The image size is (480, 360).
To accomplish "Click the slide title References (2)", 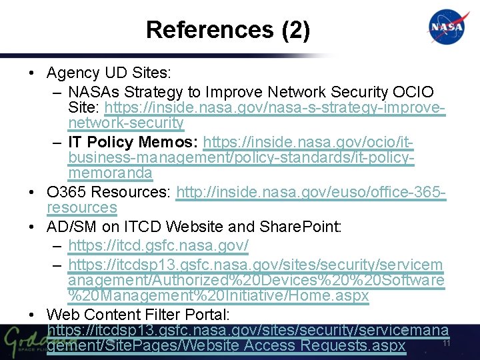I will point(227,29).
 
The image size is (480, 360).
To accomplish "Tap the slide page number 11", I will point(447,344).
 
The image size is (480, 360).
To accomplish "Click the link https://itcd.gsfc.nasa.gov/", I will point(159,246).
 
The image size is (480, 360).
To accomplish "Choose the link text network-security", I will point(126,123).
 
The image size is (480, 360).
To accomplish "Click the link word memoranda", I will point(110,173).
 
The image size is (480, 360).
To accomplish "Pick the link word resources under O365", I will point(82,208).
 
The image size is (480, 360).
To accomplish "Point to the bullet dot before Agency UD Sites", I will point(33,73).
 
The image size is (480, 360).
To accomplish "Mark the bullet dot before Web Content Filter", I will point(33,315).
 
